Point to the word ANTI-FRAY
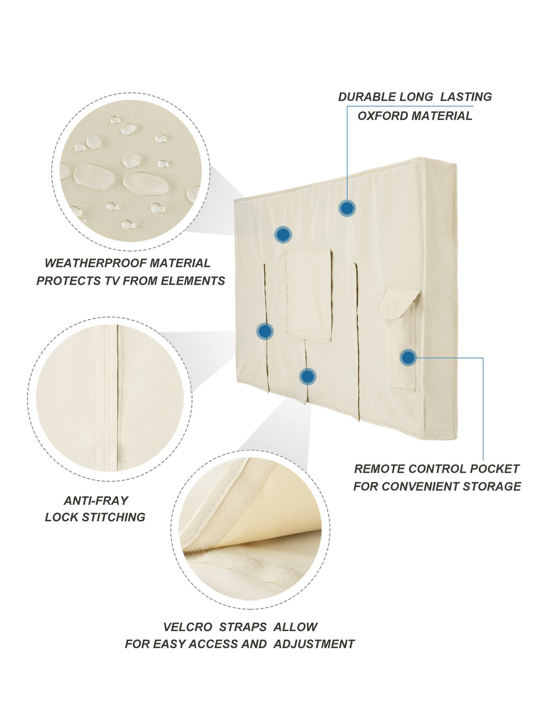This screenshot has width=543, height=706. click(96, 501)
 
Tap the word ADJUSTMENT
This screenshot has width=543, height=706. click(314, 644)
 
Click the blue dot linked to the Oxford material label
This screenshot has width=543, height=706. click(347, 208)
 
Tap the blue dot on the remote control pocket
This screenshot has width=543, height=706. click(408, 358)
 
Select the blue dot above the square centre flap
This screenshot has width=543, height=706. click(283, 234)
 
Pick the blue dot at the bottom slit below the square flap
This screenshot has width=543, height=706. click(308, 377)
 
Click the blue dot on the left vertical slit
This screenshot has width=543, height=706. click(265, 332)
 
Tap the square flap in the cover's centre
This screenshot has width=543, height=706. click(309, 295)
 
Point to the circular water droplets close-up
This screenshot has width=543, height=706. click(131, 172)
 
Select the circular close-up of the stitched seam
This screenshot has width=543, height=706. click(110, 399)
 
